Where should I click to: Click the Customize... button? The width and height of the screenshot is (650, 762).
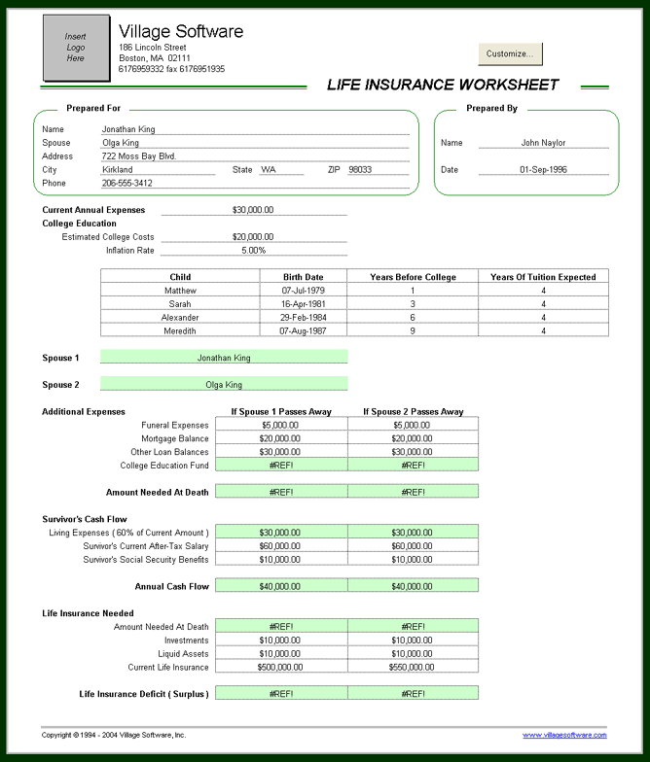coord(510,53)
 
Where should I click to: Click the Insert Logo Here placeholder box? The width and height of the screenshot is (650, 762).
coord(76,48)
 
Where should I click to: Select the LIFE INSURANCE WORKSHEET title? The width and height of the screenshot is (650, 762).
coord(443,85)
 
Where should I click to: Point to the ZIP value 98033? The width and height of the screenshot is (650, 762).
coord(360,169)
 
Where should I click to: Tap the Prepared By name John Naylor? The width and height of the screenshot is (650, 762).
coord(543,143)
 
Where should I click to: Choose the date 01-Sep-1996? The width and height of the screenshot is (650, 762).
coord(543,169)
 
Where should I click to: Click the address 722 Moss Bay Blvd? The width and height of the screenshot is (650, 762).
coord(139,156)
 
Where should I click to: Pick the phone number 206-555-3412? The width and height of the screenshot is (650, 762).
coord(127,183)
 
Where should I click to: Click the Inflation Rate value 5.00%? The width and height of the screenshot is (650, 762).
coord(253,250)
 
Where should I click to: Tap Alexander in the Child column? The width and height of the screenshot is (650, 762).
coord(180,318)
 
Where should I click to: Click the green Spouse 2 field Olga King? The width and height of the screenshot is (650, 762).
coord(224,385)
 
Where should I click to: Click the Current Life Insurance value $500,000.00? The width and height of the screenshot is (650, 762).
coord(280,667)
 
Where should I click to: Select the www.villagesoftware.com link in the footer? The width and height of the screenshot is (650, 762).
coord(564,735)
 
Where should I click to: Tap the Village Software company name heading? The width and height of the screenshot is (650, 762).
coord(181,31)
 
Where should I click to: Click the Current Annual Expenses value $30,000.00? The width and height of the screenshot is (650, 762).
coord(253,209)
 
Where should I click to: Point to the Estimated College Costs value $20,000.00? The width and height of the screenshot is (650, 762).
coord(253,236)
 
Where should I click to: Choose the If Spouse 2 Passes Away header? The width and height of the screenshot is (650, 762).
coord(413,411)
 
